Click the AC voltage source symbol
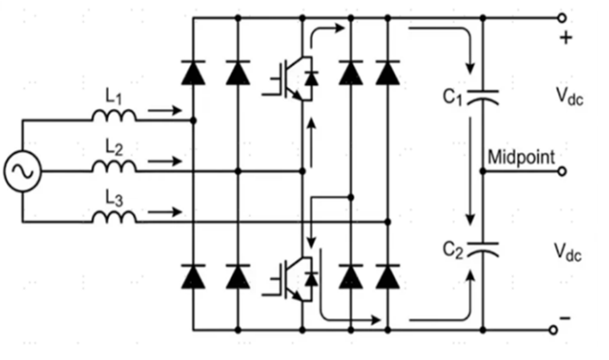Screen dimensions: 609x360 tap(22, 171)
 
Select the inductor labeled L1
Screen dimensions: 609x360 tap(114, 115)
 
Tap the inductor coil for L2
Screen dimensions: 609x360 tap(114, 166)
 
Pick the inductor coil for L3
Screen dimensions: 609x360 tap(114, 217)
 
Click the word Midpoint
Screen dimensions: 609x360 tap(521, 157)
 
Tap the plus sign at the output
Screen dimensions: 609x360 tap(566, 38)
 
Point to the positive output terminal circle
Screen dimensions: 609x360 tap(562, 18)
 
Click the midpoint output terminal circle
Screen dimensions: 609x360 tap(562, 172)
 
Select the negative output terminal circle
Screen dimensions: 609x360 tap(554, 330)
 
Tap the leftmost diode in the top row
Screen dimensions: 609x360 tap(193, 73)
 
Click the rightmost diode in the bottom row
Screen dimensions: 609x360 tap(388, 277)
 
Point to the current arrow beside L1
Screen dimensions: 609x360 tap(164, 111)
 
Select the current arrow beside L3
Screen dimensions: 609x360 tap(164, 212)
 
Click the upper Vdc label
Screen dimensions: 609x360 tap(569, 96)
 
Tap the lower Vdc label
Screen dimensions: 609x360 tap(567, 252)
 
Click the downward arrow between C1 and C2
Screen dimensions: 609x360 tap(471, 171)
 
